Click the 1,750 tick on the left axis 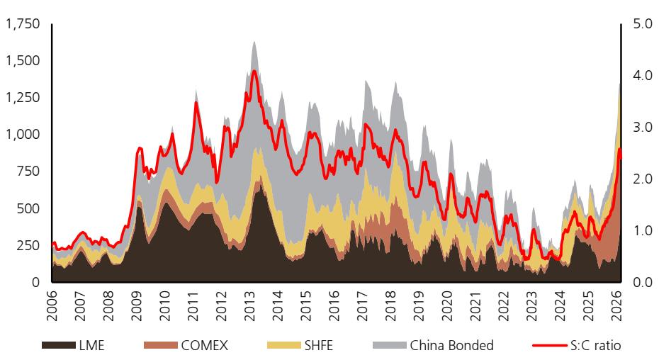pyautogui.click(x=22, y=24)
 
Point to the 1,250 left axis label pyautogui.click(x=22, y=98)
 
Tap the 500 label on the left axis pyautogui.click(x=29, y=208)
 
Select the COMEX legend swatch pyautogui.click(x=161, y=346)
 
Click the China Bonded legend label pyautogui.click(x=451, y=346)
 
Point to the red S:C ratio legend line pyautogui.click(x=548, y=346)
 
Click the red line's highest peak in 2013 pyautogui.click(x=254, y=70)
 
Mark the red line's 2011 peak pyautogui.click(x=196, y=103)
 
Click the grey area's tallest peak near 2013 pyautogui.click(x=254, y=41)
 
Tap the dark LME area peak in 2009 pyautogui.click(x=139, y=206)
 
